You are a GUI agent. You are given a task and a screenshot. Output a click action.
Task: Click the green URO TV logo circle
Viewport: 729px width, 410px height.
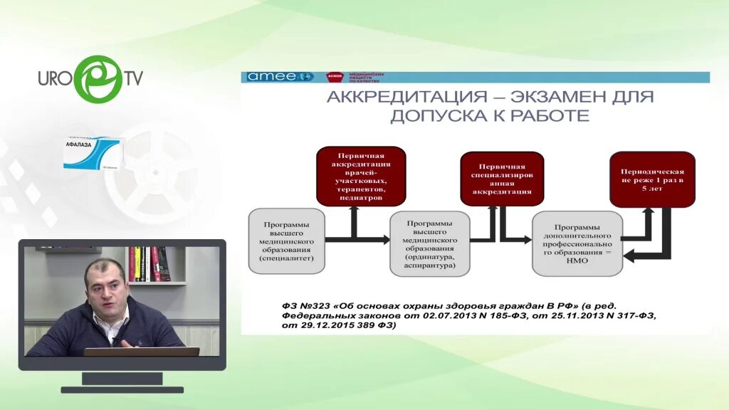point(98,79)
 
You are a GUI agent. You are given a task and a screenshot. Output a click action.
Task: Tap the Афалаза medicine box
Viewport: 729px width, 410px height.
point(92,153)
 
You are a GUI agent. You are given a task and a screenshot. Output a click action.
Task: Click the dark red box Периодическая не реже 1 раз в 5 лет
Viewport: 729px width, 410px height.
point(652,179)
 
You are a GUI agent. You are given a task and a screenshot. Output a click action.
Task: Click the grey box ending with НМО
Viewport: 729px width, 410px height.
point(577,244)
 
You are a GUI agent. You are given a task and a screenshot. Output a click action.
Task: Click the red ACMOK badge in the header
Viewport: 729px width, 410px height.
point(335,77)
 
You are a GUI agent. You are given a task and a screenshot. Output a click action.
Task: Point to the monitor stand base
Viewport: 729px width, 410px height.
point(122,389)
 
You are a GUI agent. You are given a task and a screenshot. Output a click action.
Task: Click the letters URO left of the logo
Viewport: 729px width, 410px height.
point(55,78)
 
